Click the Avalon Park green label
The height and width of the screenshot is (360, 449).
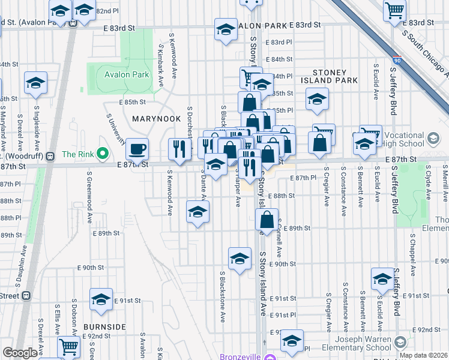point(126,75)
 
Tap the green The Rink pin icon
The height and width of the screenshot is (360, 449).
point(102,154)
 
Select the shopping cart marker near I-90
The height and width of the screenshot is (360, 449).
point(394,10)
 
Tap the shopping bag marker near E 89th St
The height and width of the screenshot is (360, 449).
point(267,220)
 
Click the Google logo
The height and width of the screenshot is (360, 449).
point(20,353)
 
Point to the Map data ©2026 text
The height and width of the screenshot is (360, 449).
point(423,355)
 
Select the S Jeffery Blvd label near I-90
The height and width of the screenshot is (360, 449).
point(394,90)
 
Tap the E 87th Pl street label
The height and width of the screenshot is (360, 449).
point(303,178)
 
